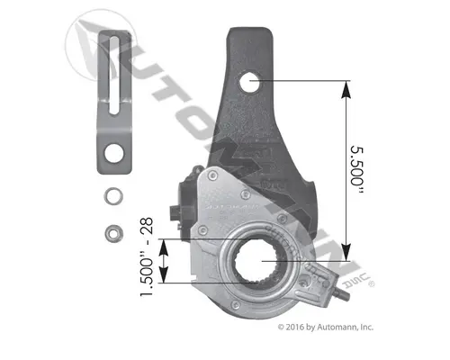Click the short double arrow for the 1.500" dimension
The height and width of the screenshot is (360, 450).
(163, 261)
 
